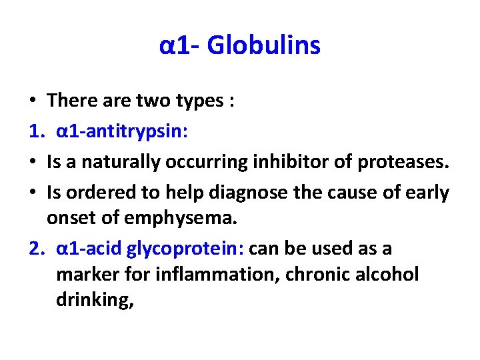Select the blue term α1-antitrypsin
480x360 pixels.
click(x=122, y=131)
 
